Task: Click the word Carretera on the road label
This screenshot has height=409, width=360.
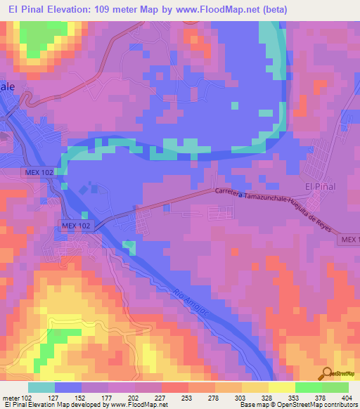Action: click(x=231, y=192)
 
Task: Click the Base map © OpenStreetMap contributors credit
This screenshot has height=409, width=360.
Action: click(x=298, y=405)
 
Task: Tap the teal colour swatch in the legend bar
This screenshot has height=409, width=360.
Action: click(x=41, y=387)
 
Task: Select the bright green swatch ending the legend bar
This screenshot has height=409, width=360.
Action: click(x=335, y=387)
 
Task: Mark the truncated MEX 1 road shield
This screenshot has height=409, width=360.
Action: click(x=349, y=240)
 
